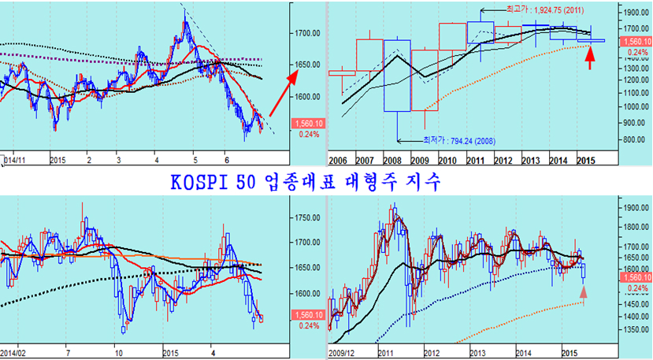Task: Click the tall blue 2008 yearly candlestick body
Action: (397, 75)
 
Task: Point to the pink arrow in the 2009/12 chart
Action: (583, 293)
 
